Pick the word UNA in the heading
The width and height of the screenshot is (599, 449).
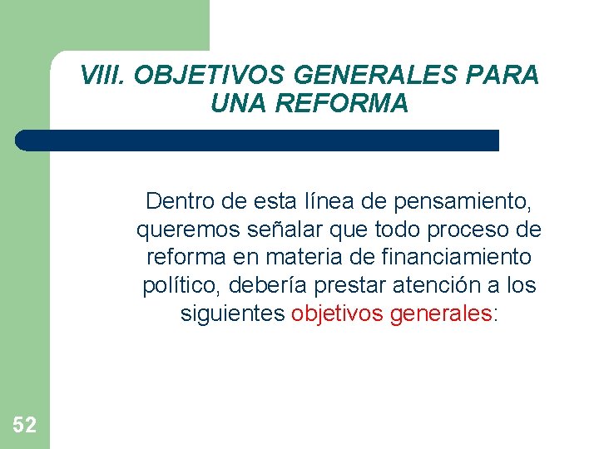click(237, 104)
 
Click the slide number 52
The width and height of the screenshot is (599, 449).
click(24, 426)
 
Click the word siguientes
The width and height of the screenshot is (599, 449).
click(233, 314)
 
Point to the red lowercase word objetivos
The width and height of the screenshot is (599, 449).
click(338, 314)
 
